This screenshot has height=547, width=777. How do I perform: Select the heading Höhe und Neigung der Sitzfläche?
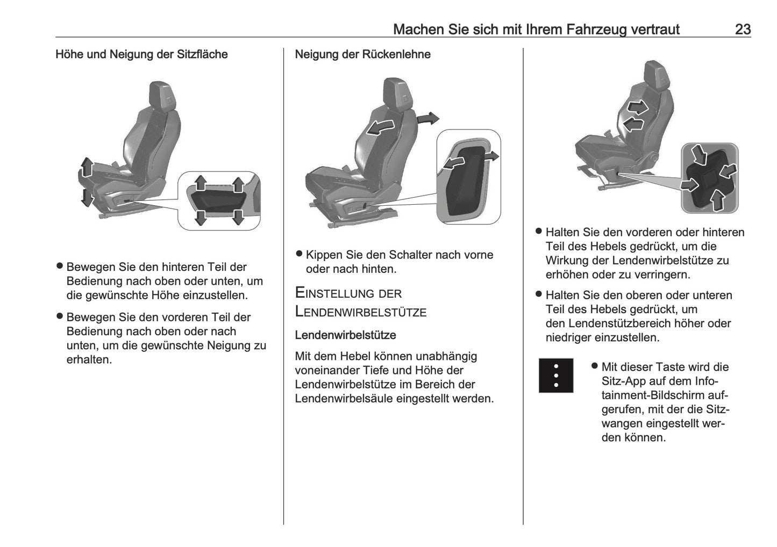click(x=141, y=54)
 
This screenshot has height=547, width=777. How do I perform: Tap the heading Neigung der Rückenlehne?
click(x=362, y=54)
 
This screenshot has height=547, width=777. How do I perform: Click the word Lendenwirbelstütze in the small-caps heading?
click(x=361, y=312)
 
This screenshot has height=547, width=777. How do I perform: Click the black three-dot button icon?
click(x=556, y=376)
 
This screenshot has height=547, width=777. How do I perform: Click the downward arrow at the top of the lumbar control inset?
click(x=698, y=154)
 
